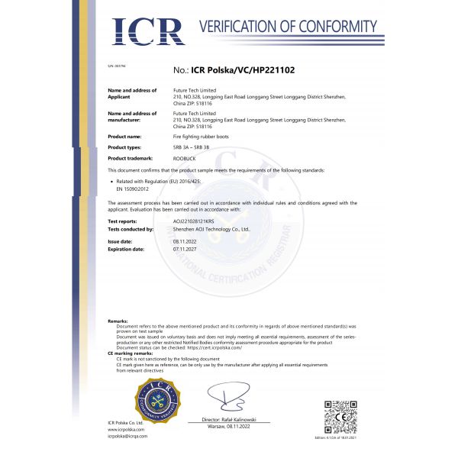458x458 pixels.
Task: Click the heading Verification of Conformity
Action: point(288,27)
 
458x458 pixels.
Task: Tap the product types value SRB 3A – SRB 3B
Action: point(192,147)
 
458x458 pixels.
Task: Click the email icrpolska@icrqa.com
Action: point(127,436)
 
